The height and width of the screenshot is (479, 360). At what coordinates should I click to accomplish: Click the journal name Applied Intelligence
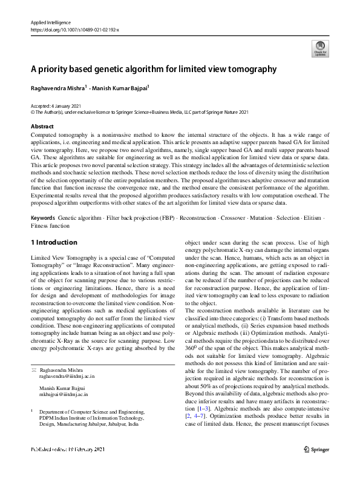point(51,22)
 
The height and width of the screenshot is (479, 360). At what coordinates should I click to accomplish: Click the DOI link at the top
point(74,29)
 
